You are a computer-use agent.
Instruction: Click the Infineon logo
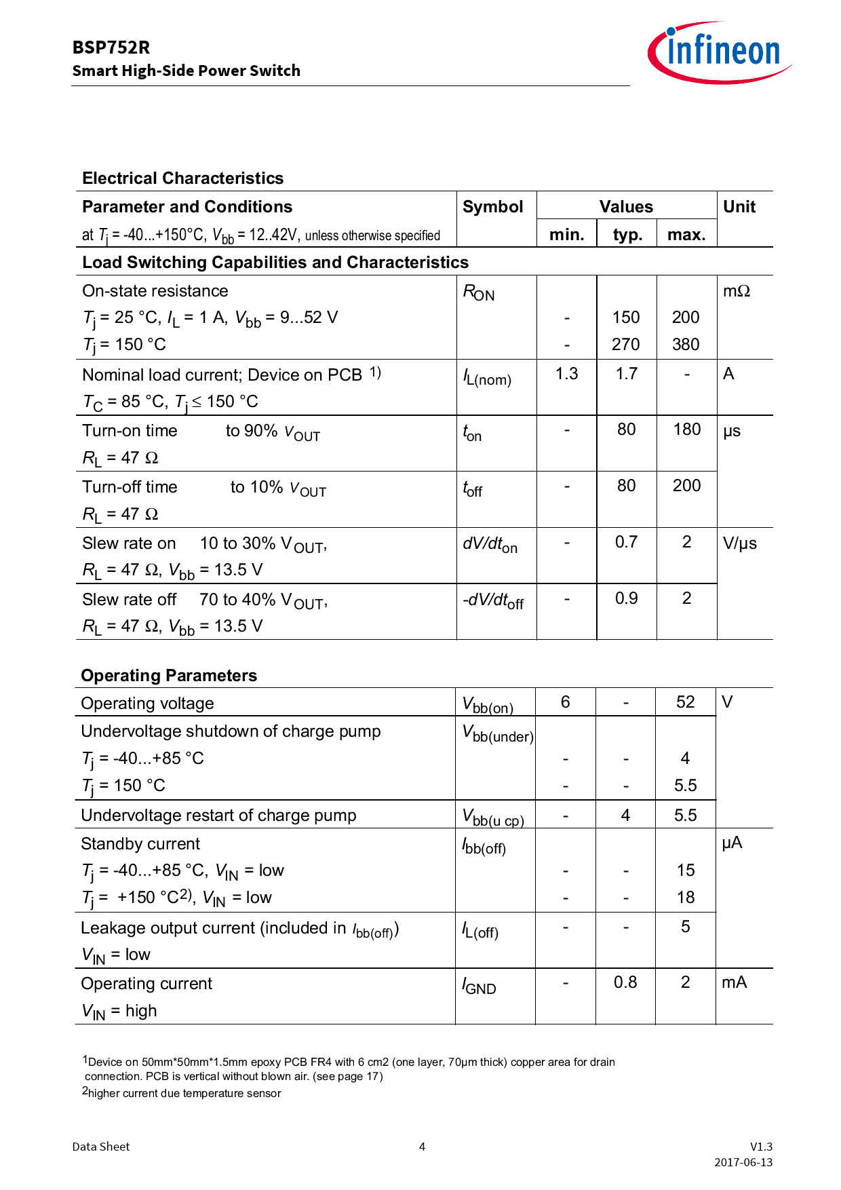point(719,52)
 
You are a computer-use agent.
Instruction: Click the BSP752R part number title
point(111,47)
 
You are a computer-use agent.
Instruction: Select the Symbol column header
point(492,207)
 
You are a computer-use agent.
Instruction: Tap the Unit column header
point(739,207)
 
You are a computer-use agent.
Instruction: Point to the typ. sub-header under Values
point(627,235)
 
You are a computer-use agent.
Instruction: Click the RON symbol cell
point(479,292)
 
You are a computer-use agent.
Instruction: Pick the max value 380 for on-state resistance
point(686,345)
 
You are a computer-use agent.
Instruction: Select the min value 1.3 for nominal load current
point(566,374)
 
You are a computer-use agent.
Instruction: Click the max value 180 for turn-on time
point(686,429)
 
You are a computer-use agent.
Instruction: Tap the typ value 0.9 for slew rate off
point(626,598)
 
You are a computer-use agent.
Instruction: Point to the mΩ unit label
point(736,291)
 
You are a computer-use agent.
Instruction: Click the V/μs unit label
point(739,543)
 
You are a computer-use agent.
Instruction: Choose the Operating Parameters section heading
point(169,676)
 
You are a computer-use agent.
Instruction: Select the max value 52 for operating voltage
point(685,702)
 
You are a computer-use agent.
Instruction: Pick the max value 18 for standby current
point(685,898)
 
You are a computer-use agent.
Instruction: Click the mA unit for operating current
point(734,982)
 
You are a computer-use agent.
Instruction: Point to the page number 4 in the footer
point(422,1147)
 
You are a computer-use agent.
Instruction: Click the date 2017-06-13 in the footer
point(743,1162)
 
